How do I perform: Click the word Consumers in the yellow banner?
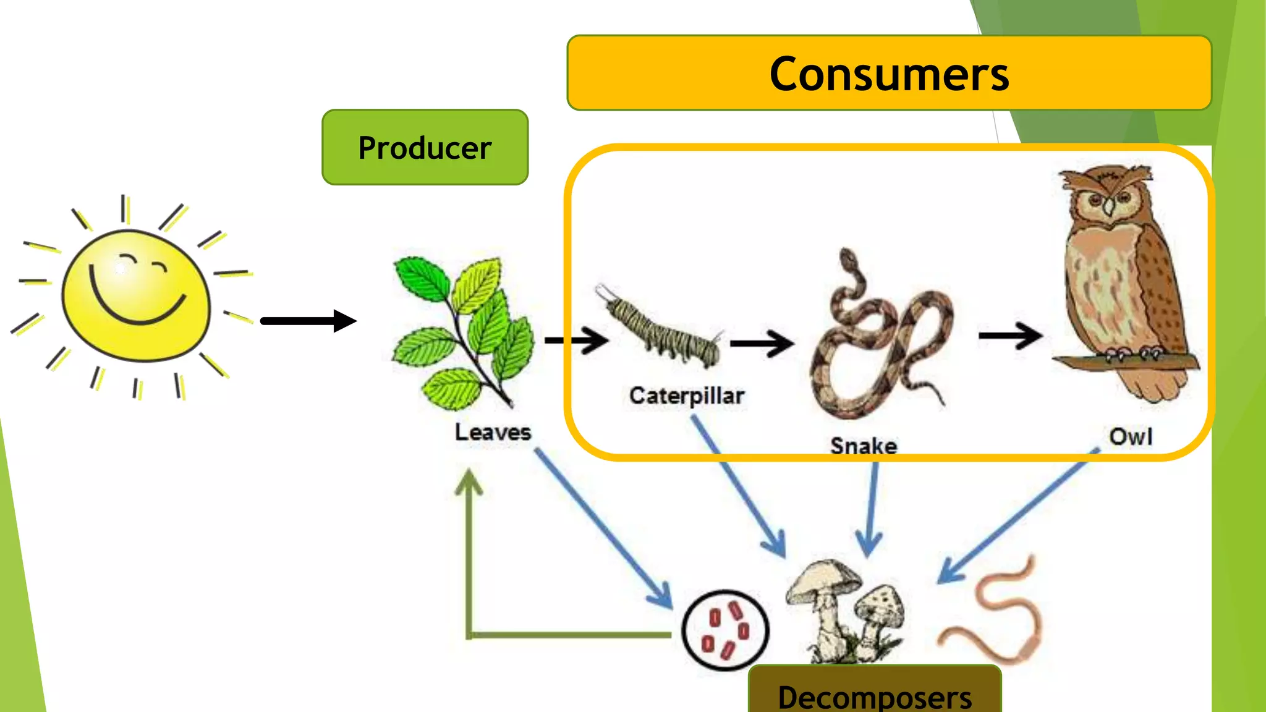pyautogui.click(x=889, y=74)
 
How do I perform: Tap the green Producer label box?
pyautogui.click(x=425, y=148)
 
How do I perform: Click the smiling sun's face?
pyautogui.click(x=136, y=295)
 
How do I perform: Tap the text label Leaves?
pyautogui.click(x=493, y=432)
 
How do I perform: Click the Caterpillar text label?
pyautogui.click(x=686, y=396)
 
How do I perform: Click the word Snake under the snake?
pyautogui.click(x=864, y=446)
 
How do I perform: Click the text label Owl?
pyautogui.click(x=1130, y=437)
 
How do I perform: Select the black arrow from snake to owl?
pyautogui.click(x=1010, y=336)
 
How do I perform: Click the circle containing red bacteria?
pyautogui.click(x=725, y=630)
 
